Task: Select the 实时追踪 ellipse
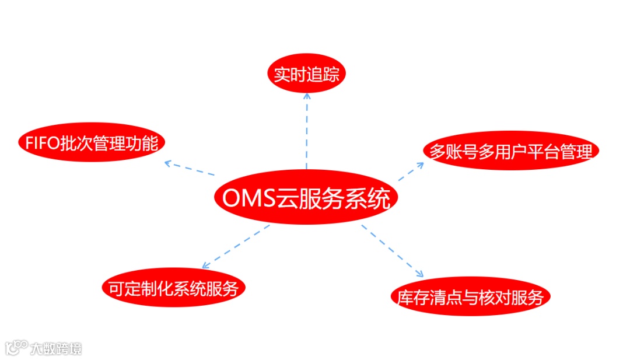[306, 75]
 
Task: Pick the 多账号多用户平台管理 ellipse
[511, 151]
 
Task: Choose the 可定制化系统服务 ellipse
[172, 287]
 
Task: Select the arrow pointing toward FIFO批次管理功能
[189, 168]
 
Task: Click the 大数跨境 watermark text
[56, 348]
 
